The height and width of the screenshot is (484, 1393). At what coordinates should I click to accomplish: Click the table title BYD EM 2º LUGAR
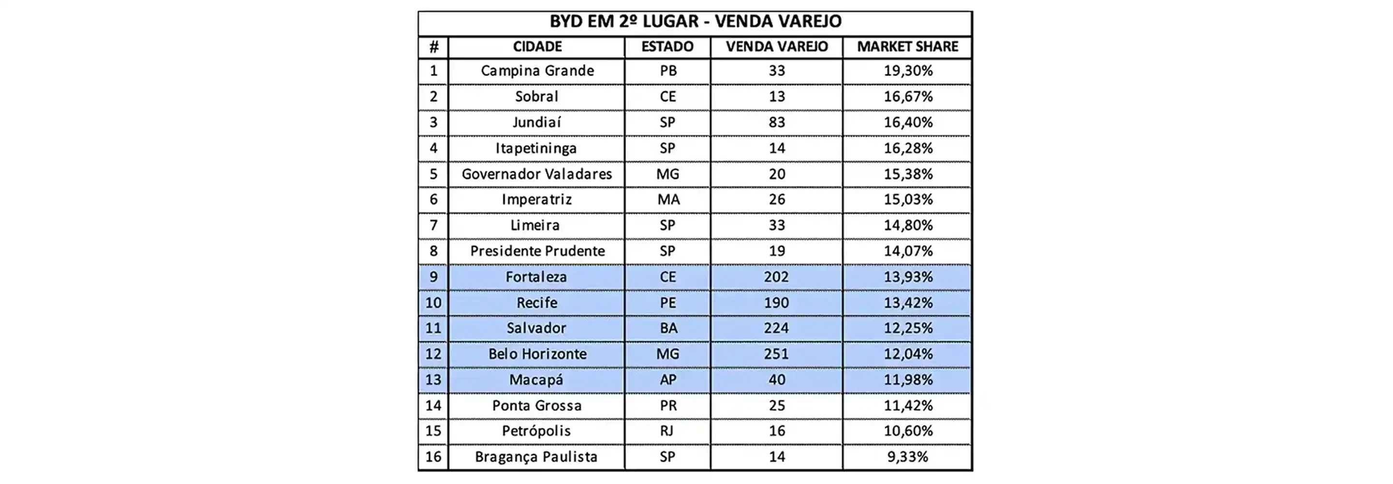coord(696,22)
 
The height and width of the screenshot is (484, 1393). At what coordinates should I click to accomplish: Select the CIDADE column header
coord(537,47)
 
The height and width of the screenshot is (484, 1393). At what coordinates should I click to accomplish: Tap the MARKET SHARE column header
coord(907,47)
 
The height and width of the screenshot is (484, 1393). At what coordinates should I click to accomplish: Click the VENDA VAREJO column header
coord(776,47)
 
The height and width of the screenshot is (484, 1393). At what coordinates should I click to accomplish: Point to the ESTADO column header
coord(667,47)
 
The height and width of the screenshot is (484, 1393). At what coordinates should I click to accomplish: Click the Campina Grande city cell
coord(537,71)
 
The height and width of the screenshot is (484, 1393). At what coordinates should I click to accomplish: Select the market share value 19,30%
coord(908,71)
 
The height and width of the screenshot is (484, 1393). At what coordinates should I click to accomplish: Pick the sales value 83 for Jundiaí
coord(776,122)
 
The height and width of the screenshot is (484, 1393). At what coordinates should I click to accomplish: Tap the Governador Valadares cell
coord(536,174)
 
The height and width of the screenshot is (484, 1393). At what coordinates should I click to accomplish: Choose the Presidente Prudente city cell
coord(537,251)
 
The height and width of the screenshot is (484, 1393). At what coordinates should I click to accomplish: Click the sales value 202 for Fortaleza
coord(776,277)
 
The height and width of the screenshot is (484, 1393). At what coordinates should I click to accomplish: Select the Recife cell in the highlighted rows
coord(536,302)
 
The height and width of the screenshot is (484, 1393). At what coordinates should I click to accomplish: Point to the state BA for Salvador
coord(668,328)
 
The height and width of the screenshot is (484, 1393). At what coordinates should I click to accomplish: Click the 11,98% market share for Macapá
coord(908,380)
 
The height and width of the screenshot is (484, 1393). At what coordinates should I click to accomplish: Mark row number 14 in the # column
coord(433,406)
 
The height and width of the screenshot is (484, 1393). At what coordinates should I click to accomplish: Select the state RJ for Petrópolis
coord(667,431)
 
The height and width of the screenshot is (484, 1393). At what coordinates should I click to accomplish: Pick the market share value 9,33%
coord(907,457)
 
